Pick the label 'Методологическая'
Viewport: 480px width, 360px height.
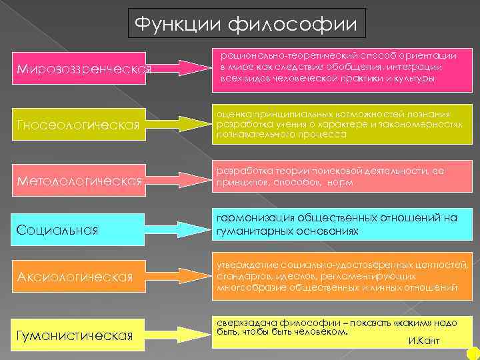(x=78, y=181)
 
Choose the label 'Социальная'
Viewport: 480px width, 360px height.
(x=57, y=230)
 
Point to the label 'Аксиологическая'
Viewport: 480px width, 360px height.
(x=75, y=277)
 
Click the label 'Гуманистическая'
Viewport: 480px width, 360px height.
(x=75, y=334)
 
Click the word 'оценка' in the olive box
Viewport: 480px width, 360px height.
(x=229, y=114)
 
